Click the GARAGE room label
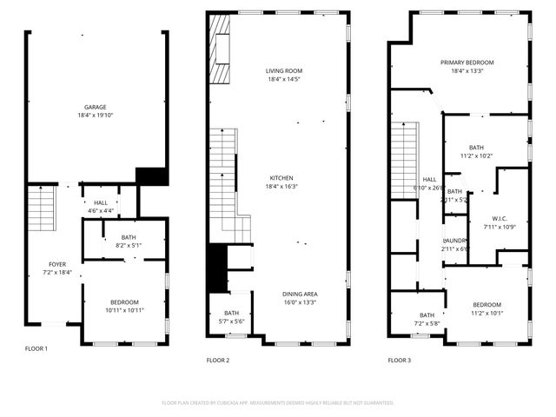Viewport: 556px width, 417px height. click(96, 107)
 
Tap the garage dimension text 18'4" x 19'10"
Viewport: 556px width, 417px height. click(96, 115)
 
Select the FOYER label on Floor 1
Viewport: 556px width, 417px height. click(56, 263)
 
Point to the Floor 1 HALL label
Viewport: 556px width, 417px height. click(101, 202)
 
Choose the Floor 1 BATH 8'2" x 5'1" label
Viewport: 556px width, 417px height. click(129, 237)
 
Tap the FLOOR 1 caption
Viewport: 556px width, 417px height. click(36, 348)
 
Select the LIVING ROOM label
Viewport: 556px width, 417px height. click(283, 70)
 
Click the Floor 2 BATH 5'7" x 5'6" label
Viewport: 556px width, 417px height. click(231, 313)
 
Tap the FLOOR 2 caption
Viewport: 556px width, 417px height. click(218, 360)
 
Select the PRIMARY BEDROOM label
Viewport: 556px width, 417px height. click(467, 63)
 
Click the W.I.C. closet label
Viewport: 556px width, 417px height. click(504, 218)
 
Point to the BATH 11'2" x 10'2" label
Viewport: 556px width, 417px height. click(476, 148)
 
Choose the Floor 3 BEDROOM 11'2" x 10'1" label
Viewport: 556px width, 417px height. click(486, 304)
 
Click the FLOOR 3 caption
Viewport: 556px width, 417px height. click(400, 360)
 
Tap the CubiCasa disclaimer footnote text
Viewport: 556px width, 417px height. click(278, 402)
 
